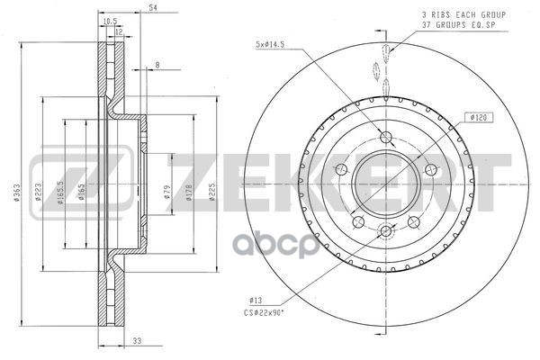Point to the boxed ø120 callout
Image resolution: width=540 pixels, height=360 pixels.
click(476, 117)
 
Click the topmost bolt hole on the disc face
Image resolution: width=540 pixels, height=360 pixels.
click(386, 137)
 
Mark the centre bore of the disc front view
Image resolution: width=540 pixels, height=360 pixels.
click(386, 180)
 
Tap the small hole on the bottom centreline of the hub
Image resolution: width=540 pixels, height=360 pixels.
click(386, 230)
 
